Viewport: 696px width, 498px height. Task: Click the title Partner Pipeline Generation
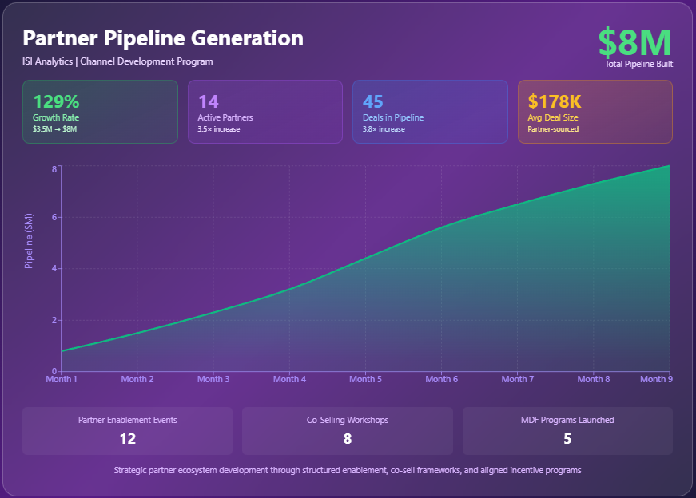pyautogui.click(x=163, y=38)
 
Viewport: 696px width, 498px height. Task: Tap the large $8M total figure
pyautogui.click(x=634, y=41)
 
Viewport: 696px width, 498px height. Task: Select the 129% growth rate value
pyautogui.click(x=56, y=101)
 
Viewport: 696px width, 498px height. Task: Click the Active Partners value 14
pyautogui.click(x=208, y=101)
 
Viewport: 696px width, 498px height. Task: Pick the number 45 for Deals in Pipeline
pyautogui.click(x=372, y=101)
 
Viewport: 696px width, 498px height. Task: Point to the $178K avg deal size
pyautogui.click(x=555, y=101)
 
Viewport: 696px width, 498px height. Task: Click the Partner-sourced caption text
pyautogui.click(x=553, y=129)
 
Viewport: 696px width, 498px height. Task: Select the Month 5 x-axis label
pyautogui.click(x=365, y=380)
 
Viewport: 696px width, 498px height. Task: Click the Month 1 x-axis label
pyautogui.click(x=62, y=380)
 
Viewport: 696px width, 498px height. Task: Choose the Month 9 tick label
pyautogui.click(x=655, y=380)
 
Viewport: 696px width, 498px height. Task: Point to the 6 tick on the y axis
pyautogui.click(x=54, y=217)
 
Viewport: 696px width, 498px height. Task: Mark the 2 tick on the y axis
pyautogui.click(x=54, y=320)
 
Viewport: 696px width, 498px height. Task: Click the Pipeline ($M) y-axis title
pyautogui.click(x=29, y=241)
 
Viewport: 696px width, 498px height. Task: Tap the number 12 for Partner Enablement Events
pyautogui.click(x=127, y=438)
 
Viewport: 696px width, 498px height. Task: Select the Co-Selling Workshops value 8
pyautogui.click(x=347, y=438)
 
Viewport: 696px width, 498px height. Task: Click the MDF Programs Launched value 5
pyautogui.click(x=567, y=438)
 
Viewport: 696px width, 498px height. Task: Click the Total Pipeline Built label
pyautogui.click(x=638, y=64)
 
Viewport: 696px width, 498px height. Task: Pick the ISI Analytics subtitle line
pyautogui.click(x=118, y=61)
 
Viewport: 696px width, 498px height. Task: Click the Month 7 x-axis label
pyautogui.click(x=517, y=380)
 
